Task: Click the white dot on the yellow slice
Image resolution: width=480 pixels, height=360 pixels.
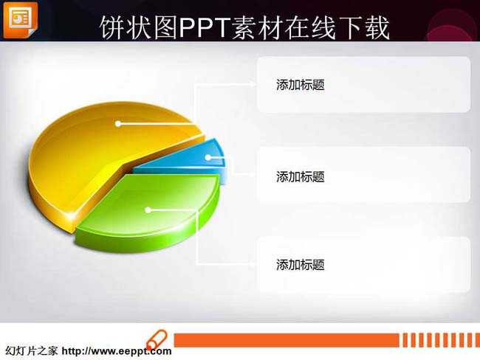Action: (118, 124)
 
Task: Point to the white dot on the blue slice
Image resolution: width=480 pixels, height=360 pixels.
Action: (208, 158)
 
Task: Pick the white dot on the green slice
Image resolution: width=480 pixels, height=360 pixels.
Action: (148, 210)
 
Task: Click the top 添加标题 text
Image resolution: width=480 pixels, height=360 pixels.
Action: (301, 85)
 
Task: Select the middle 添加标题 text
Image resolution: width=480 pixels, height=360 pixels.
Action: (301, 176)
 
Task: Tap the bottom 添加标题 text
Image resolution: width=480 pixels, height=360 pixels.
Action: (301, 265)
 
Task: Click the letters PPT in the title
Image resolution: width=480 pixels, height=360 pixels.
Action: (204, 27)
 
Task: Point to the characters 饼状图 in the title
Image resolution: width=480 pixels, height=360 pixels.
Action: (139, 27)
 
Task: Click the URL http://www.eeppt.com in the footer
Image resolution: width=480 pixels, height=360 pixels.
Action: (117, 351)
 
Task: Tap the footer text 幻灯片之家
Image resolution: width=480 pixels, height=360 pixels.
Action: (32, 350)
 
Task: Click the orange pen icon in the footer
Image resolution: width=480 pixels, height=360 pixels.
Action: (157, 340)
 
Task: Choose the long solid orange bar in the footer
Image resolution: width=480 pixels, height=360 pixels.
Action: (287, 340)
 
